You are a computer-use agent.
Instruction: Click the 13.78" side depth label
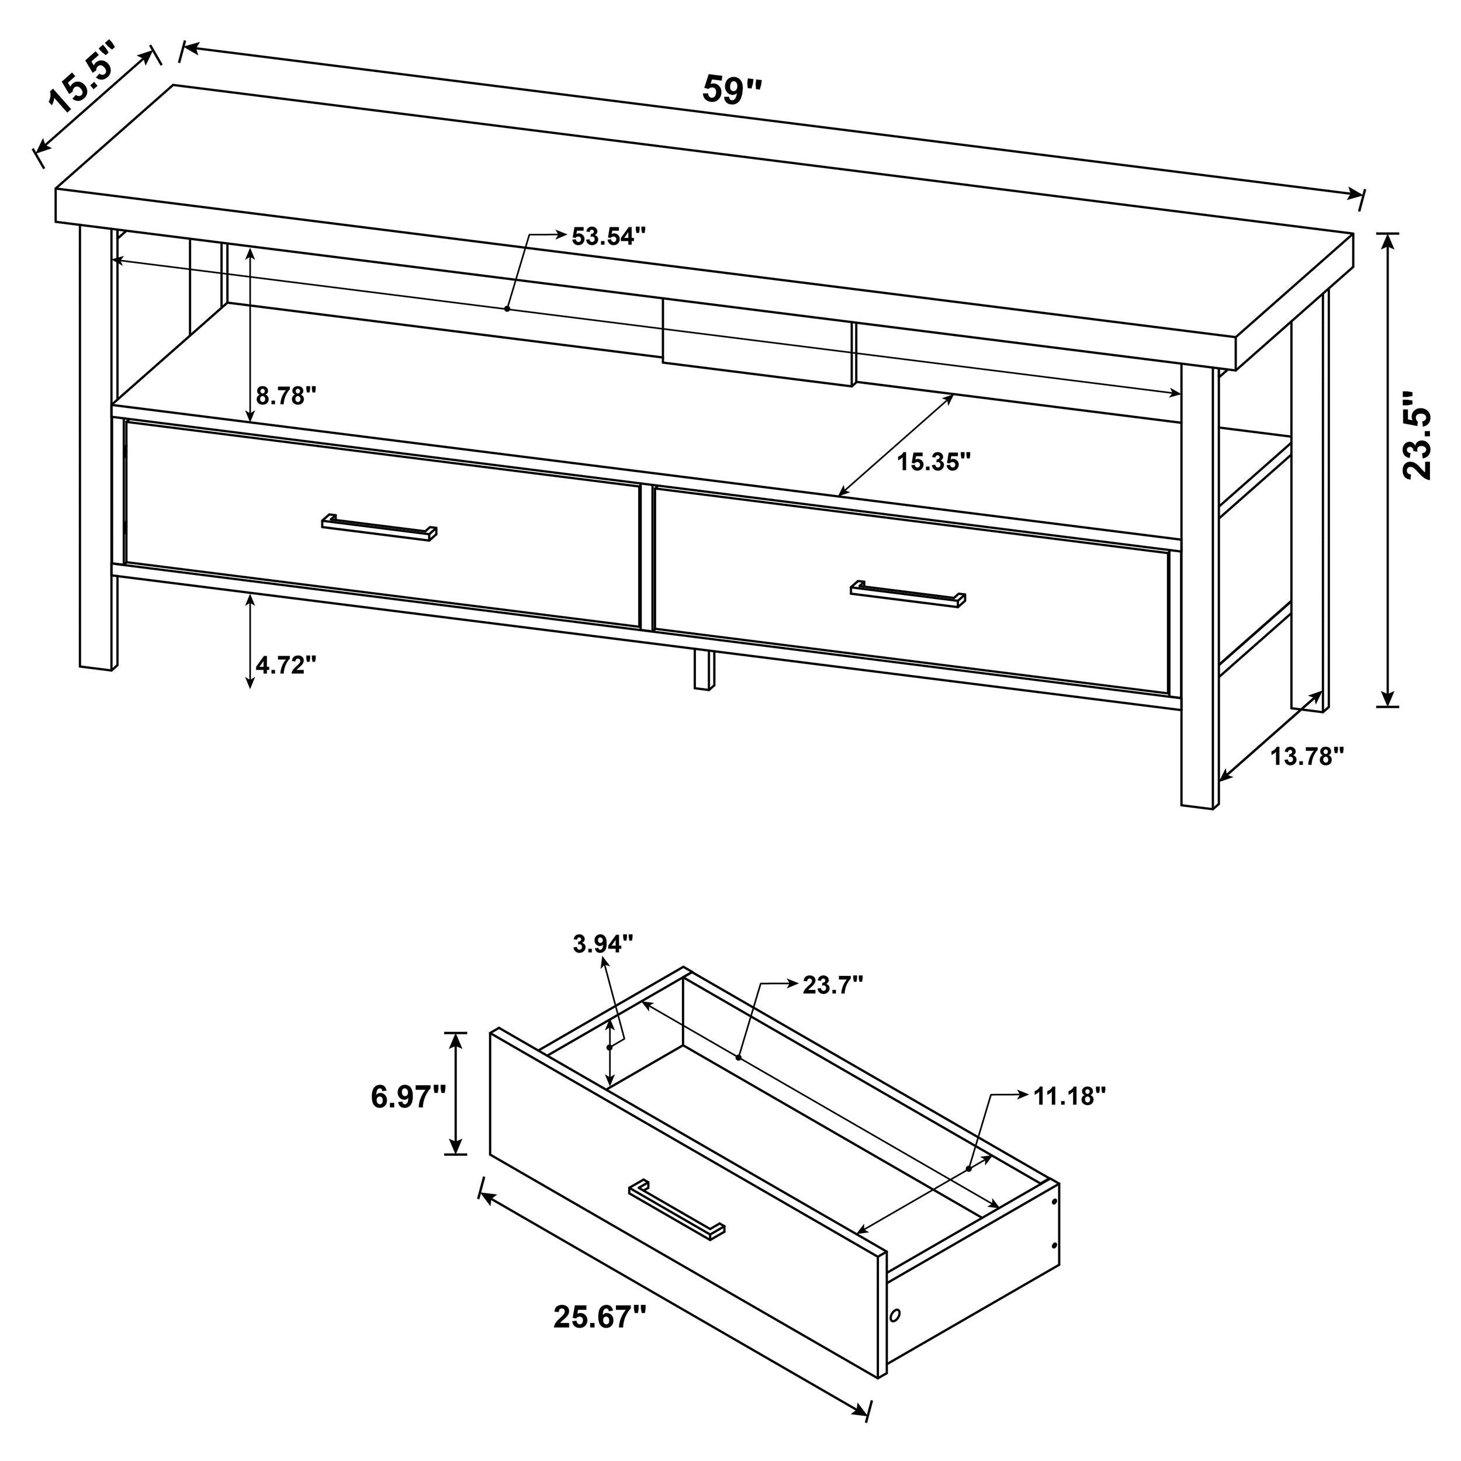pyautogui.click(x=1307, y=756)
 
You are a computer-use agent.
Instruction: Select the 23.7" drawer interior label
pyautogui.click(x=833, y=985)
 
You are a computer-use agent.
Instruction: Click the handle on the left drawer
pyautogui.click(x=379, y=528)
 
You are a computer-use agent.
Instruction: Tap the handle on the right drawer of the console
pyautogui.click(x=908, y=594)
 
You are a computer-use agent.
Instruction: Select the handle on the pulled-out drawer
pyautogui.click(x=676, y=1209)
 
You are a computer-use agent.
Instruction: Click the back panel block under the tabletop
pyautogui.click(x=759, y=342)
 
